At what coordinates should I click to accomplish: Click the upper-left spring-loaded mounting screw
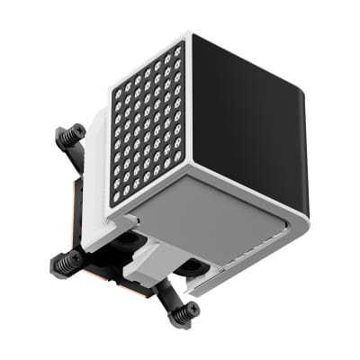click(69, 138)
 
